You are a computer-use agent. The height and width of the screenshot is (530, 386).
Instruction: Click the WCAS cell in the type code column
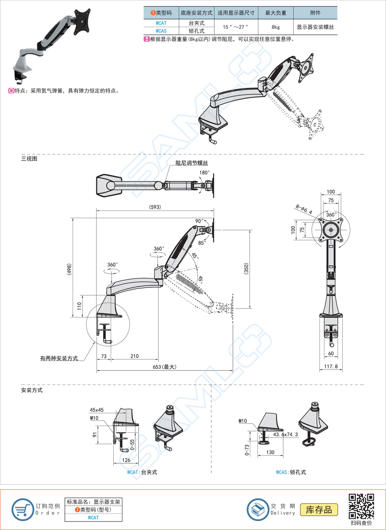161,31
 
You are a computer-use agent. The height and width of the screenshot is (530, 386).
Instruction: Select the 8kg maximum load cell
275,27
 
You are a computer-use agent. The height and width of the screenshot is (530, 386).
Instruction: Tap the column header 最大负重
275,13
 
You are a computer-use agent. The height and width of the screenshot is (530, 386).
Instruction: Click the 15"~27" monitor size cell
236,27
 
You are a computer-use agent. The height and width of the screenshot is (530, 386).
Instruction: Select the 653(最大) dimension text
164,367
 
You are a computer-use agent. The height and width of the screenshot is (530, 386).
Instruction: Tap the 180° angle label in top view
204,173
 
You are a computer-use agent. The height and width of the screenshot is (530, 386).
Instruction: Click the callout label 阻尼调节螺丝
192,163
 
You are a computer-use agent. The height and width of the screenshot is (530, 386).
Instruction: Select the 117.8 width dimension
330,367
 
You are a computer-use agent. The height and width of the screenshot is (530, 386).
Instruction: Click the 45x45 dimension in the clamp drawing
97,410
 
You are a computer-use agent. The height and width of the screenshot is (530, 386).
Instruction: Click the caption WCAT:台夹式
142,472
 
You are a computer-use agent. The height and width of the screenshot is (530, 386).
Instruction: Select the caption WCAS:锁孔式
291,472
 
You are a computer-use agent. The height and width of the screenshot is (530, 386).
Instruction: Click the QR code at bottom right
361,506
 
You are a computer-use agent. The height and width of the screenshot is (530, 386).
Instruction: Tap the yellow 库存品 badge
319,510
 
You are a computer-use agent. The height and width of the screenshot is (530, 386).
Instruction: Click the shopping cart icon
22,510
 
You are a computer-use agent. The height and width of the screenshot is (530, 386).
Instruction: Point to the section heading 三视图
29,159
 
